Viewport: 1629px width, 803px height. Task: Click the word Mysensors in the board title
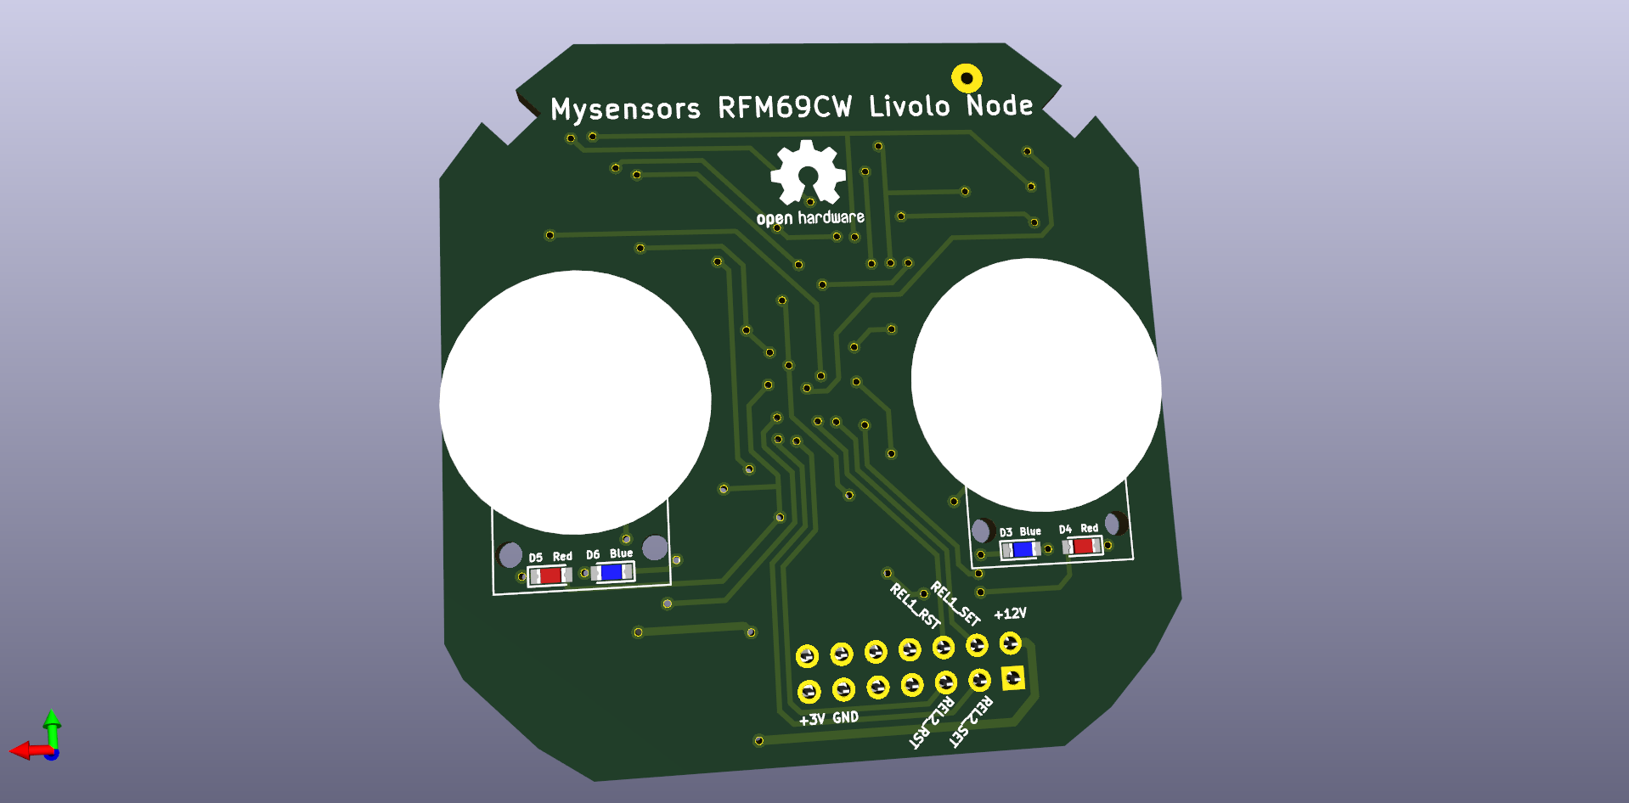click(x=625, y=109)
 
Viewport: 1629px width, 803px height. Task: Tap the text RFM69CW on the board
click(x=785, y=107)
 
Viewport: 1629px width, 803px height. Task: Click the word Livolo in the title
click(x=910, y=106)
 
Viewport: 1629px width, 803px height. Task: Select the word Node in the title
click(x=1000, y=105)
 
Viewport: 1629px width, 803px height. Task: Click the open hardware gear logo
click(x=808, y=173)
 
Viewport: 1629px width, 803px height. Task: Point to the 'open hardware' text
click(x=810, y=218)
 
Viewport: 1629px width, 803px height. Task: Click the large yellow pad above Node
click(x=967, y=78)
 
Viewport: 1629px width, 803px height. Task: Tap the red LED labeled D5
click(x=550, y=576)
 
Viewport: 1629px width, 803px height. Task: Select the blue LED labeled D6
click(x=612, y=573)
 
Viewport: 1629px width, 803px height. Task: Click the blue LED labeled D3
click(x=1021, y=550)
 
